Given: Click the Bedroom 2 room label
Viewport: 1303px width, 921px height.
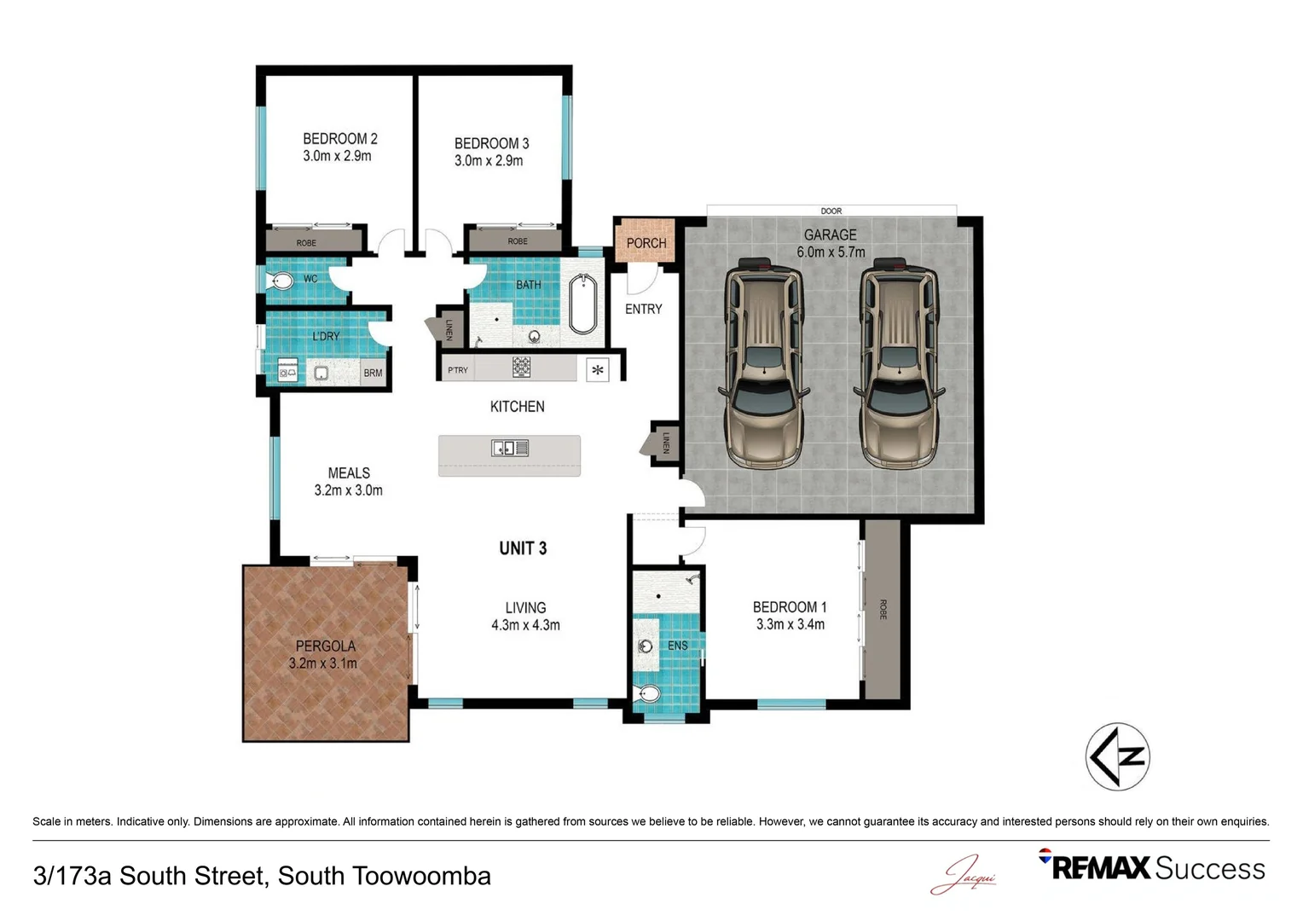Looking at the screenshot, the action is coord(339,139).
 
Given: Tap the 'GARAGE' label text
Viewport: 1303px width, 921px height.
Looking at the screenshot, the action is coord(830,235).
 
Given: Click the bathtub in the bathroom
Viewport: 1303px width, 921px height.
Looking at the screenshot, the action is coord(582,304).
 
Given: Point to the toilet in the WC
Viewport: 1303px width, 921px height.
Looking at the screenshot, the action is coord(280,281).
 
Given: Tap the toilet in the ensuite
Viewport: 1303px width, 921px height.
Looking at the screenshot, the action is coord(647,693).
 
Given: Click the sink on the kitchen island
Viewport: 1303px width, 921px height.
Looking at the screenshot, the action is coord(510,448).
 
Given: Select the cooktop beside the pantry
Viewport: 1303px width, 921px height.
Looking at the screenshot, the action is coord(521,367).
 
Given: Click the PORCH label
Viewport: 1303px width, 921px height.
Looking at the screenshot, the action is coord(646,243).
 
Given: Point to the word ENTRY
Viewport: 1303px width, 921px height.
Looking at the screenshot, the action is coord(643,309).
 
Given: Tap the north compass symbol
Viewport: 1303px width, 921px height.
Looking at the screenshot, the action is coord(1117,756).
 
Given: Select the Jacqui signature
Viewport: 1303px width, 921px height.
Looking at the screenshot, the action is coord(964,874).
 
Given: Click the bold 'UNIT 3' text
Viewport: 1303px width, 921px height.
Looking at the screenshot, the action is coord(523,548).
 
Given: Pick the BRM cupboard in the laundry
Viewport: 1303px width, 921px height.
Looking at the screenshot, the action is coord(373,373).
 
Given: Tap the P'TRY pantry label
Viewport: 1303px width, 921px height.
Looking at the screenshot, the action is coord(458,370).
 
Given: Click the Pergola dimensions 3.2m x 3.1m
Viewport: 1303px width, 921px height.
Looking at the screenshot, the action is coord(323,663).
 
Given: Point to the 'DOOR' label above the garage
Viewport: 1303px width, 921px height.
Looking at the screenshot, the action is coord(831,211).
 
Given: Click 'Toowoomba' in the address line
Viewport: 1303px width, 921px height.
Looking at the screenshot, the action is coord(421,876).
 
